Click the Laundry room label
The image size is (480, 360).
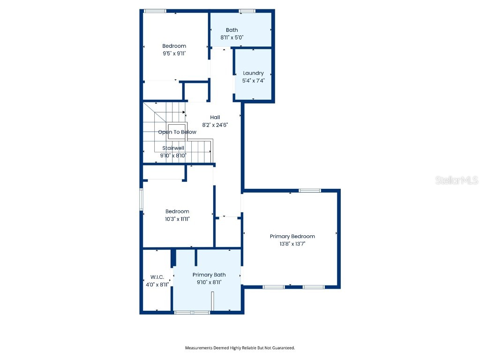(253, 73)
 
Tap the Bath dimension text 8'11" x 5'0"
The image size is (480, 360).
(232, 37)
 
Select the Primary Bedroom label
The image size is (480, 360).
(292, 236)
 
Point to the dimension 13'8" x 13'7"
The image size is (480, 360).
(292, 244)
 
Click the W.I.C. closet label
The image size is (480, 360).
(157, 277)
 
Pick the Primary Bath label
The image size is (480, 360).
(209, 275)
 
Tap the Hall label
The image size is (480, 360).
(215, 117)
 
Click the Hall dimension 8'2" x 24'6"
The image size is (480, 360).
(215, 125)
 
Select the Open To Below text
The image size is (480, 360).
(177, 132)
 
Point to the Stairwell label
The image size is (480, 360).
(173, 148)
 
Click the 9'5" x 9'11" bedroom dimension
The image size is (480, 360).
(174, 53)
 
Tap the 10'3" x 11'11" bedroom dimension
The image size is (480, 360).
(177, 219)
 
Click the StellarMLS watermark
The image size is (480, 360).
(456, 180)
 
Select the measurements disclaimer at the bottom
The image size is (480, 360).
(240, 348)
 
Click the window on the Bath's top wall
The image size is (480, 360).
(247, 11)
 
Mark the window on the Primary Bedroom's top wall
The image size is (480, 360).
(310, 190)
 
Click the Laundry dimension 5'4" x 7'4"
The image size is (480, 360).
(253, 81)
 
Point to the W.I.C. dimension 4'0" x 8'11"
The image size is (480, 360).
(157, 284)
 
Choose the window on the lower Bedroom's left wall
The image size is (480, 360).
(141, 199)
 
